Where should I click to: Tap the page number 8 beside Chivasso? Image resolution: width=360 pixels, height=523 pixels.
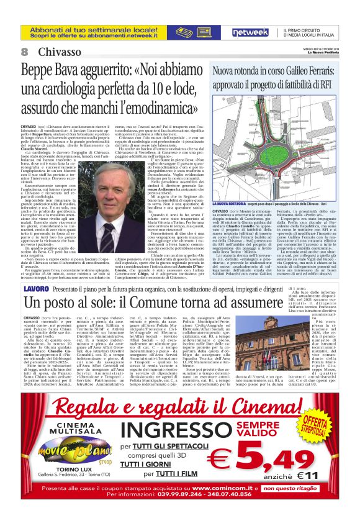point(24,52)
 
